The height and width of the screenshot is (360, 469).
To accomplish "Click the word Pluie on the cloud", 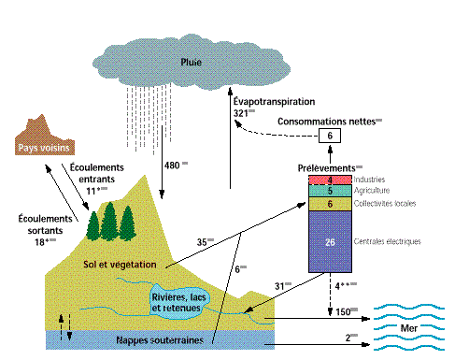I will (x=191, y=64).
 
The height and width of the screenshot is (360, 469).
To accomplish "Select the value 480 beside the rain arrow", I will (x=172, y=166).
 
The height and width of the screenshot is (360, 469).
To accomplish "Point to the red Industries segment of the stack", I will (x=331, y=179).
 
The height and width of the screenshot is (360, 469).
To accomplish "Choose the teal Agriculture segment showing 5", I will (x=331, y=190).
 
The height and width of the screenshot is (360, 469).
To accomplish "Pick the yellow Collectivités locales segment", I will (x=331, y=203).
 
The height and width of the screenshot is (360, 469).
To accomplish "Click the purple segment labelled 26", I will (x=331, y=242).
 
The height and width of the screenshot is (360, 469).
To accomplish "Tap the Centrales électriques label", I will (x=388, y=241).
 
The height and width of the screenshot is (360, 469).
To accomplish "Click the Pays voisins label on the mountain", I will (x=46, y=148).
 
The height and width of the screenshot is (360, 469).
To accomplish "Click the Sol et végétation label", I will (x=120, y=264).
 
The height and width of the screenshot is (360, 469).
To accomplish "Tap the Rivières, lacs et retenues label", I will (x=179, y=298).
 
